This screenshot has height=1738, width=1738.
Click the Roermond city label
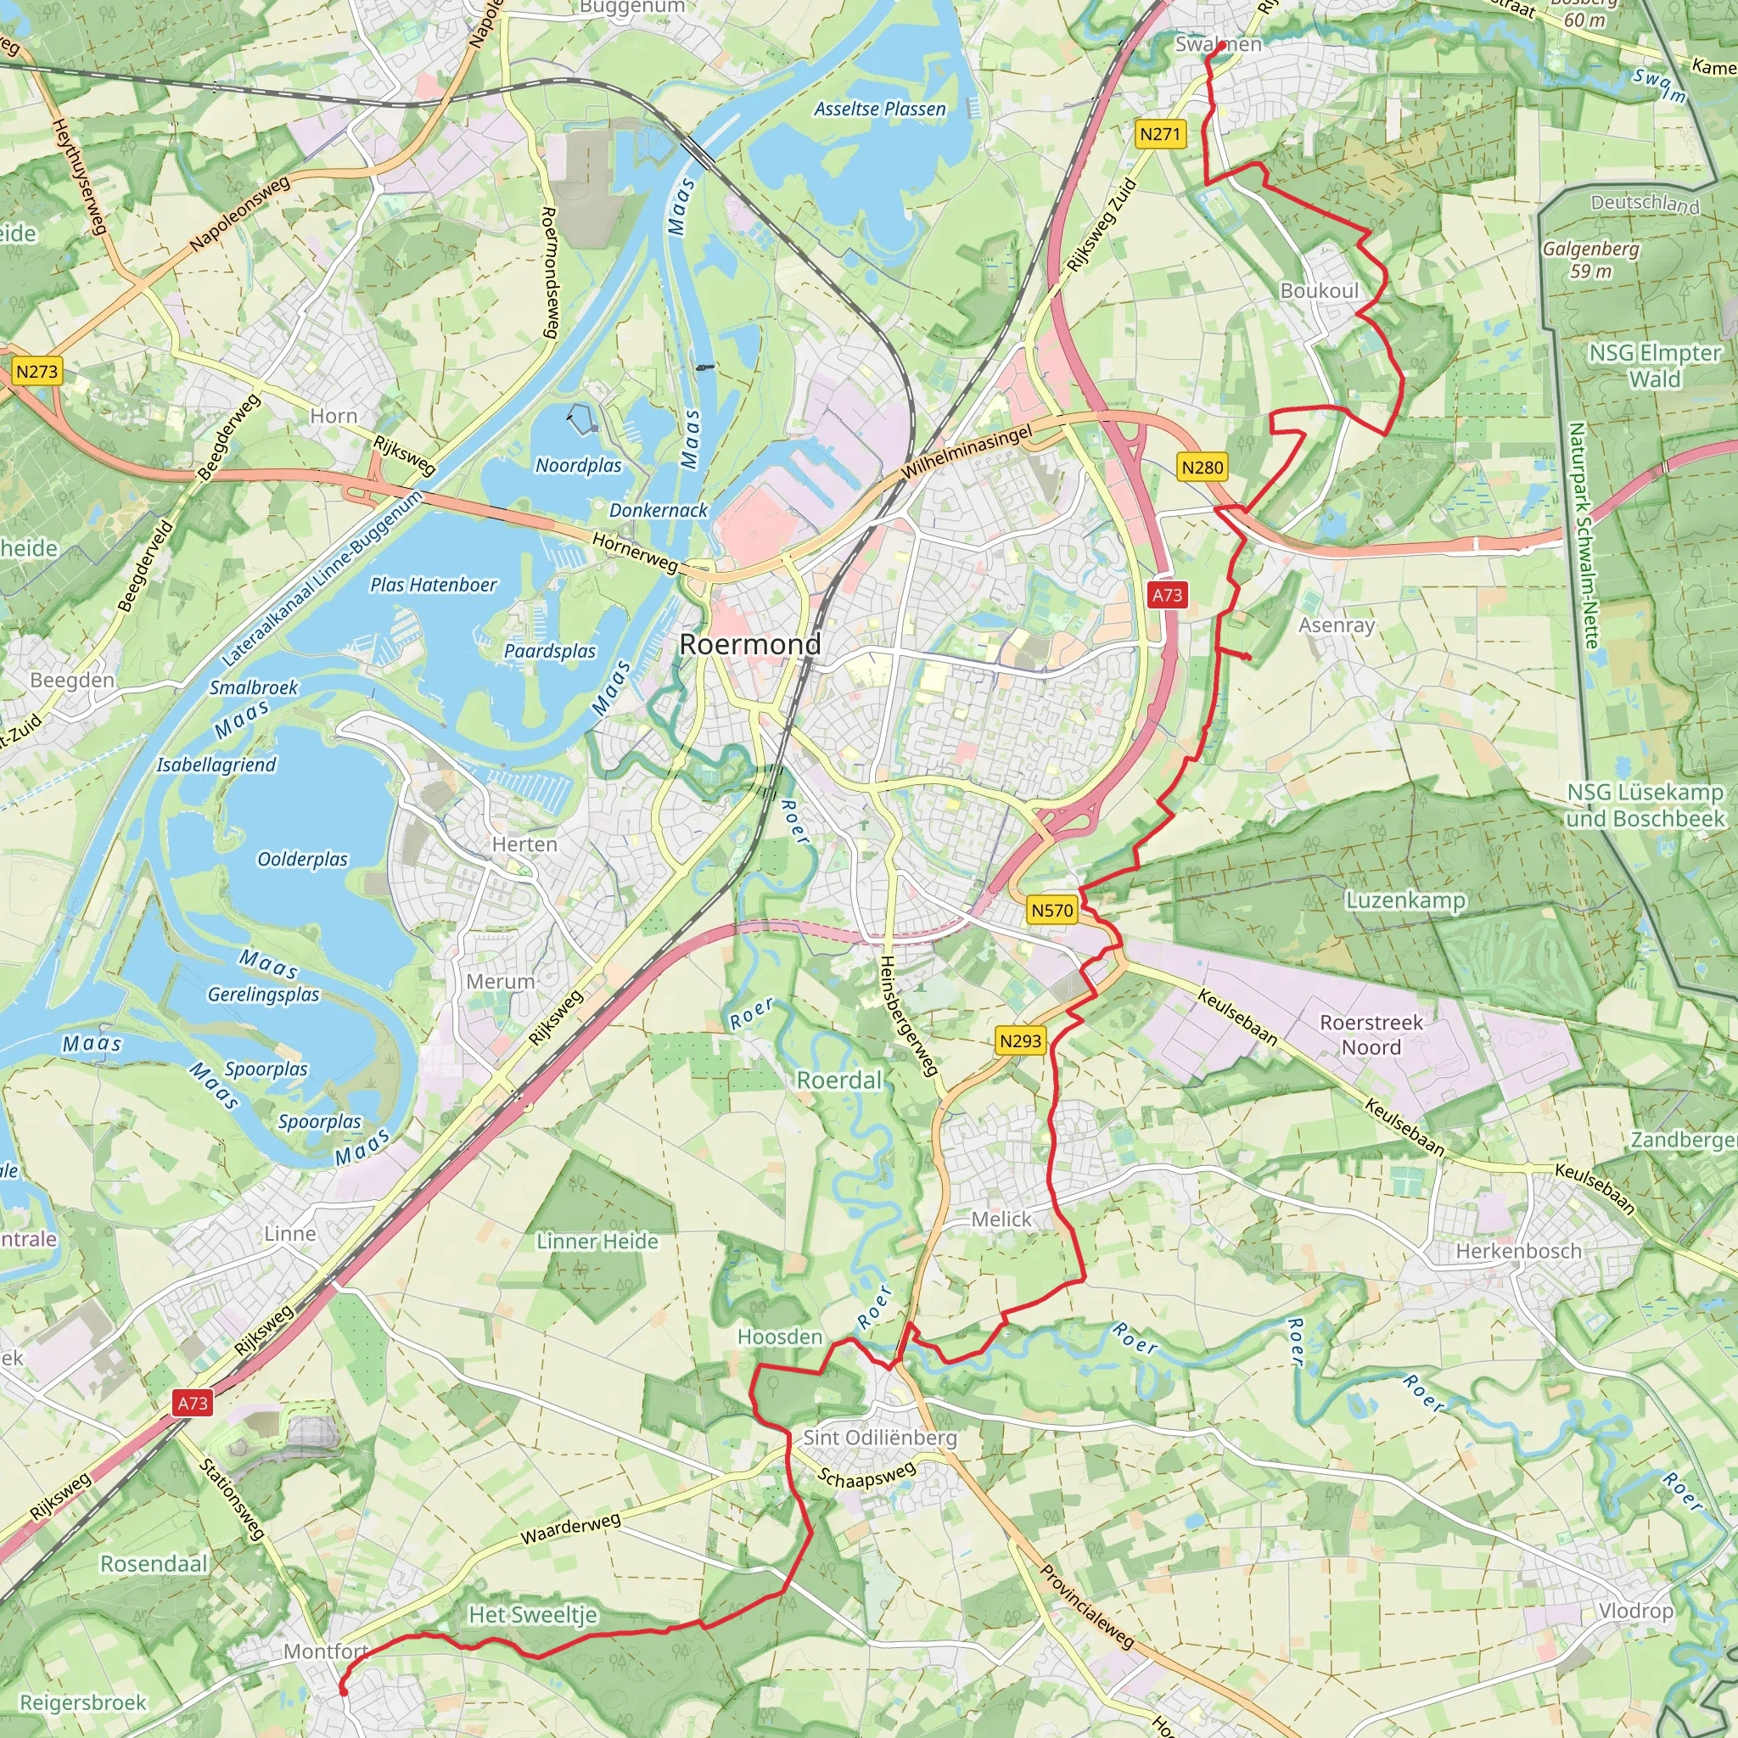click(750, 644)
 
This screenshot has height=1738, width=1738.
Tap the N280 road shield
click(1202, 467)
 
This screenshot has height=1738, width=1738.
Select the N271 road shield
click(1159, 134)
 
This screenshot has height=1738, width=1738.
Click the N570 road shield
click(1051, 911)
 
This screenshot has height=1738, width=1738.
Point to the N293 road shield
click(1020, 1040)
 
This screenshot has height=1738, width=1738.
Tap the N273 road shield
click(36, 371)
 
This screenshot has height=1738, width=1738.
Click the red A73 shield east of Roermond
click(1167, 595)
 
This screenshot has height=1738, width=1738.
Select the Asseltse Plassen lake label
click(880, 109)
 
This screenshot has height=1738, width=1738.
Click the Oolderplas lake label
click(302, 859)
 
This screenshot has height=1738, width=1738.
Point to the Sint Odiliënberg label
click(880, 1437)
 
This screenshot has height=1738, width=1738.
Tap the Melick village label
click(1001, 1219)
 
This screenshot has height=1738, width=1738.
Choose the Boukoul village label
click(1319, 290)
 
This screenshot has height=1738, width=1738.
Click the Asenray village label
click(1337, 625)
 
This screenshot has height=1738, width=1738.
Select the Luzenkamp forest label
click(1405, 900)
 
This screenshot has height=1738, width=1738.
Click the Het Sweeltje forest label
click(533, 1615)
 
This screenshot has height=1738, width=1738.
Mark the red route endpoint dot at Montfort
click(343, 1692)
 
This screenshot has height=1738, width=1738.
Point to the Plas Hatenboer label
click(434, 585)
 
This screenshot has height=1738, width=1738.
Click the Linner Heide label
click(597, 1242)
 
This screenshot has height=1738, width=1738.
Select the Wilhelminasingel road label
click(967, 452)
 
